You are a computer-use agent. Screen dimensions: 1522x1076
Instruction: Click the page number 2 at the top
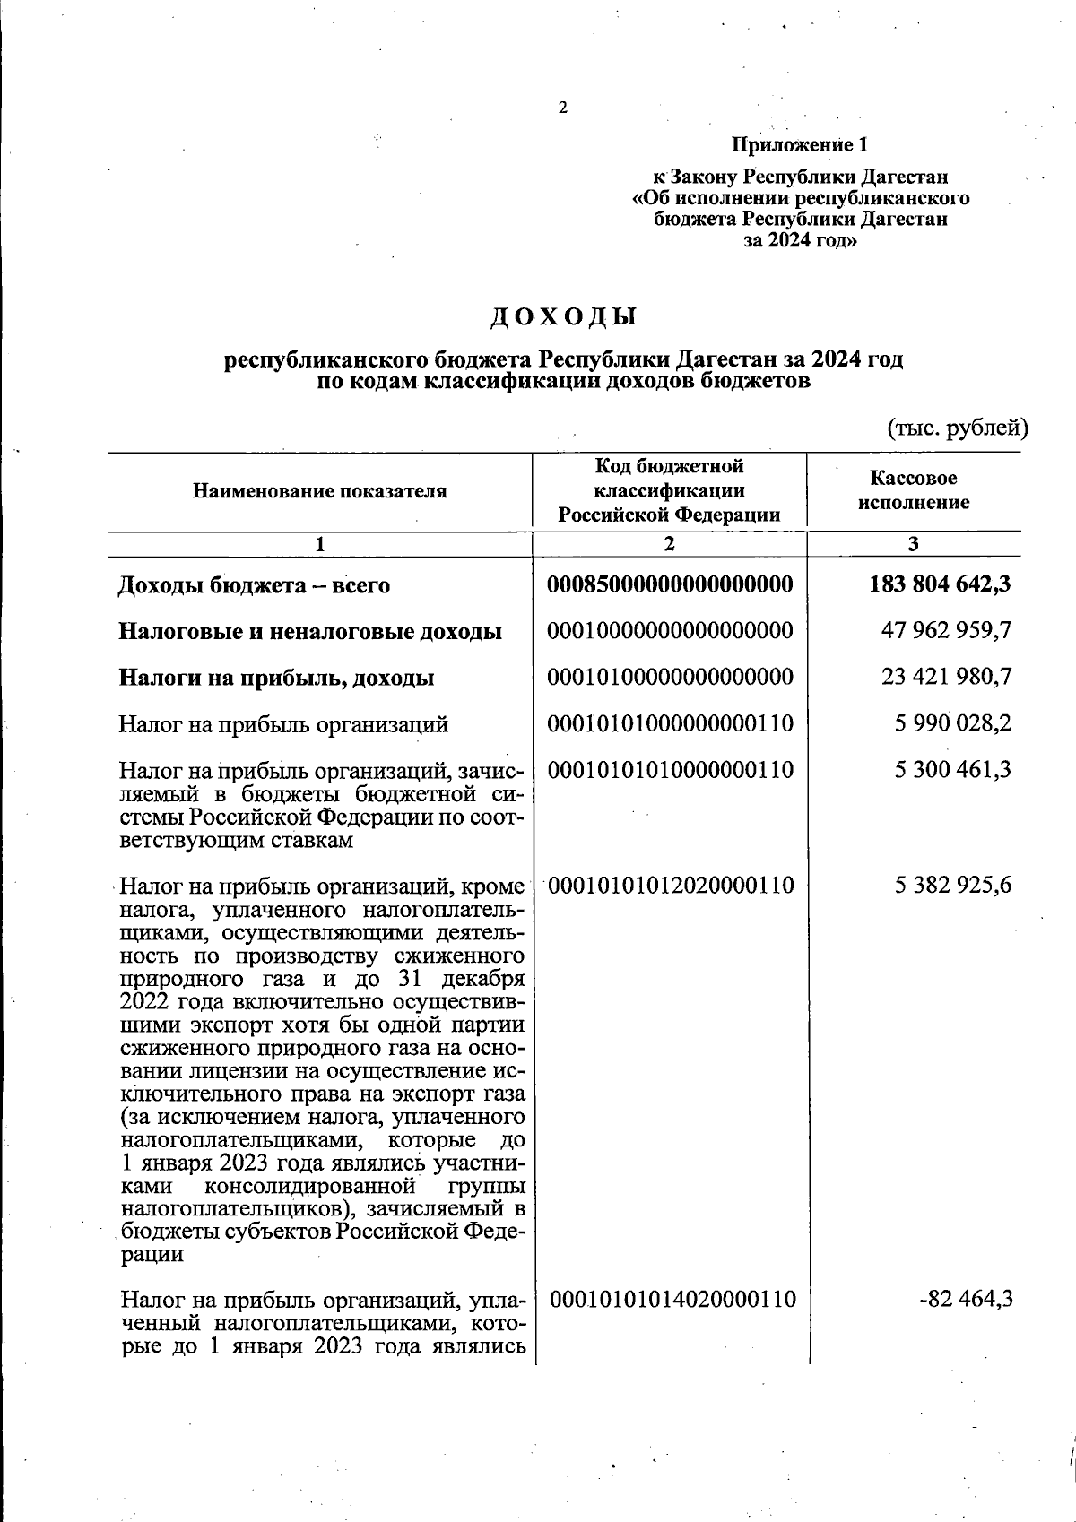(562, 108)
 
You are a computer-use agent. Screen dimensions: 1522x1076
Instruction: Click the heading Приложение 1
(801, 144)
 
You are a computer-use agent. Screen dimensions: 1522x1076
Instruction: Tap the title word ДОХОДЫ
(564, 317)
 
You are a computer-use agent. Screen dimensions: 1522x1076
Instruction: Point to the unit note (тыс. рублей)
(957, 428)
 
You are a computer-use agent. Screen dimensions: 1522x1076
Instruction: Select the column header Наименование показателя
(319, 491)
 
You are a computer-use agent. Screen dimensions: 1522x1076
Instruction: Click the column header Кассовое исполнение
(913, 490)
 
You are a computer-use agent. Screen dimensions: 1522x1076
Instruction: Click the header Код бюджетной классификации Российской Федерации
(670, 490)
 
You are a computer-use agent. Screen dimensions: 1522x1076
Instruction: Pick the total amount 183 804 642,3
(941, 584)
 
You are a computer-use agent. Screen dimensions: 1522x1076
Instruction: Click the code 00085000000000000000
(670, 584)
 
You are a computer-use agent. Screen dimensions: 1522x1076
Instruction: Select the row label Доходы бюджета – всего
(255, 585)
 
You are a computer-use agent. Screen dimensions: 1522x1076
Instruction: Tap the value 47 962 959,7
(947, 631)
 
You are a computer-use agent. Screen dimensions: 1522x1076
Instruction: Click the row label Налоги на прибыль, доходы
(276, 678)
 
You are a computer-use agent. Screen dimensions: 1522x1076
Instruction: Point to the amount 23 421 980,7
(947, 677)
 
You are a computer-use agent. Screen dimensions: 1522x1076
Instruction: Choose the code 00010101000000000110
(670, 723)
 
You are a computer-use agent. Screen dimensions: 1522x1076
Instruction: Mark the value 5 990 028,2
(953, 723)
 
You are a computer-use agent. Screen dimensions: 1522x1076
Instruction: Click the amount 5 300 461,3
(953, 769)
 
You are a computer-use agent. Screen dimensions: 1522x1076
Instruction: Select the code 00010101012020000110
(670, 886)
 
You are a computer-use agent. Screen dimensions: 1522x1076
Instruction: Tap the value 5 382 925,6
(953, 886)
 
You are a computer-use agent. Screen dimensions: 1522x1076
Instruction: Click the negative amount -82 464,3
(966, 1299)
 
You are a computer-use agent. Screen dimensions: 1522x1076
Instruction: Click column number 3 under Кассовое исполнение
(913, 544)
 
